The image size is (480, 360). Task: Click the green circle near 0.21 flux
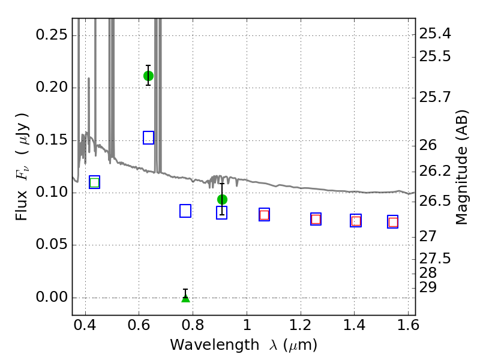[x=148, y=76]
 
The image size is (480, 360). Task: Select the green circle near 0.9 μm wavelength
[x=222, y=200]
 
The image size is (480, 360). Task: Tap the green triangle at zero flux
[x=185, y=298]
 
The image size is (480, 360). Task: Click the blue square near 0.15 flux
[x=148, y=138]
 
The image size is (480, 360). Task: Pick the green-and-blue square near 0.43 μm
[x=95, y=182]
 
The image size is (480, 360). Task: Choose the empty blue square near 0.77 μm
[x=185, y=211]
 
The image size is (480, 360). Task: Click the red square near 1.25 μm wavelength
[x=316, y=219]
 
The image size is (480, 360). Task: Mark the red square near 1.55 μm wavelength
[x=393, y=222]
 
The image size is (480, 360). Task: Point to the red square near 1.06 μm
[x=264, y=215]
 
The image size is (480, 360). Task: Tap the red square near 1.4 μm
[x=356, y=221]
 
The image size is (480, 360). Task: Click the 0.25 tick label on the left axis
[x=52, y=35]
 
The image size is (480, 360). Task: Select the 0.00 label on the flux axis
[x=52, y=297]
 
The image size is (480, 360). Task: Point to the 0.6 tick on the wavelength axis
[x=139, y=325]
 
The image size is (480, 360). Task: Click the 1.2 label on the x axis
[x=301, y=325]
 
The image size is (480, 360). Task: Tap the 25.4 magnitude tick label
[x=434, y=34]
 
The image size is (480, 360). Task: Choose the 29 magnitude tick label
[x=428, y=287]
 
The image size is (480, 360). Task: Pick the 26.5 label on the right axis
[x=434, y=201]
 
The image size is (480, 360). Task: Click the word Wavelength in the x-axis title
[x=215, y=344]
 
